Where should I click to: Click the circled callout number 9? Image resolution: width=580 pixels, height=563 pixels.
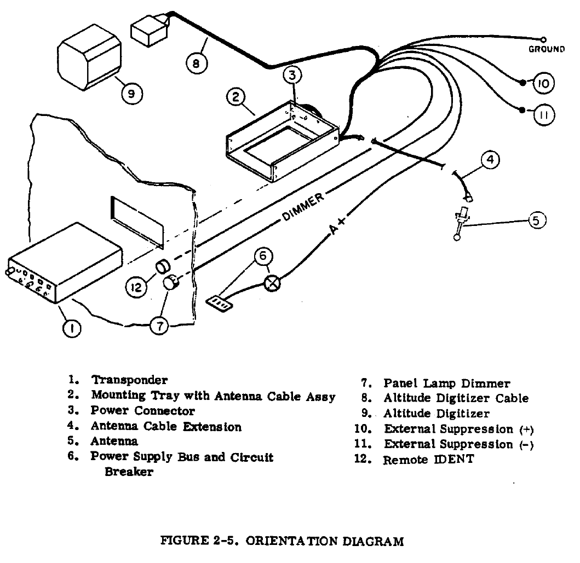click(x=131, y=94)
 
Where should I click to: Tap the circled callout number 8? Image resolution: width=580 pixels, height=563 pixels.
click(x=197, y=63)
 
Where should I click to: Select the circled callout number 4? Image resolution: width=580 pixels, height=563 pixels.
click(x=490, y=160)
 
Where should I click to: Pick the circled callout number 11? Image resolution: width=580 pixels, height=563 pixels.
click(x=544, y=115)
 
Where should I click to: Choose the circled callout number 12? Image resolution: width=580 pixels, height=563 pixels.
click(x=136, y=286)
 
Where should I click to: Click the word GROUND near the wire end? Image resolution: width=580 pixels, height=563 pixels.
click(x=546, y=49)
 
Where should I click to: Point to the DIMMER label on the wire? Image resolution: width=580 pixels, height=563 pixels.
click(x=303, y=208)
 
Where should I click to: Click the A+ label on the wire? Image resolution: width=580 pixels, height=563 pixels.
click(x=338, y=228)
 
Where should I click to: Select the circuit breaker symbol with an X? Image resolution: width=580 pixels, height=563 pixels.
click(x=272, y=283)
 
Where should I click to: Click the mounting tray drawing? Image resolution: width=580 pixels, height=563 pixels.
click(x=282, y=142)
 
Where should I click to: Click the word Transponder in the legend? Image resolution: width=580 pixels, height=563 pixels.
click(x=129, y=380)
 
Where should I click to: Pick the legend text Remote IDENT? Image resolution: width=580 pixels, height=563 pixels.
click(x=428, y=460)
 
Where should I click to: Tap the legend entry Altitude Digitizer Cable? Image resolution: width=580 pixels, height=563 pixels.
click(x=456, y=398)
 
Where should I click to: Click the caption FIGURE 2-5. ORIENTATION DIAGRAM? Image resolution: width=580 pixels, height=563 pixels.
click(x=282, y=542)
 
